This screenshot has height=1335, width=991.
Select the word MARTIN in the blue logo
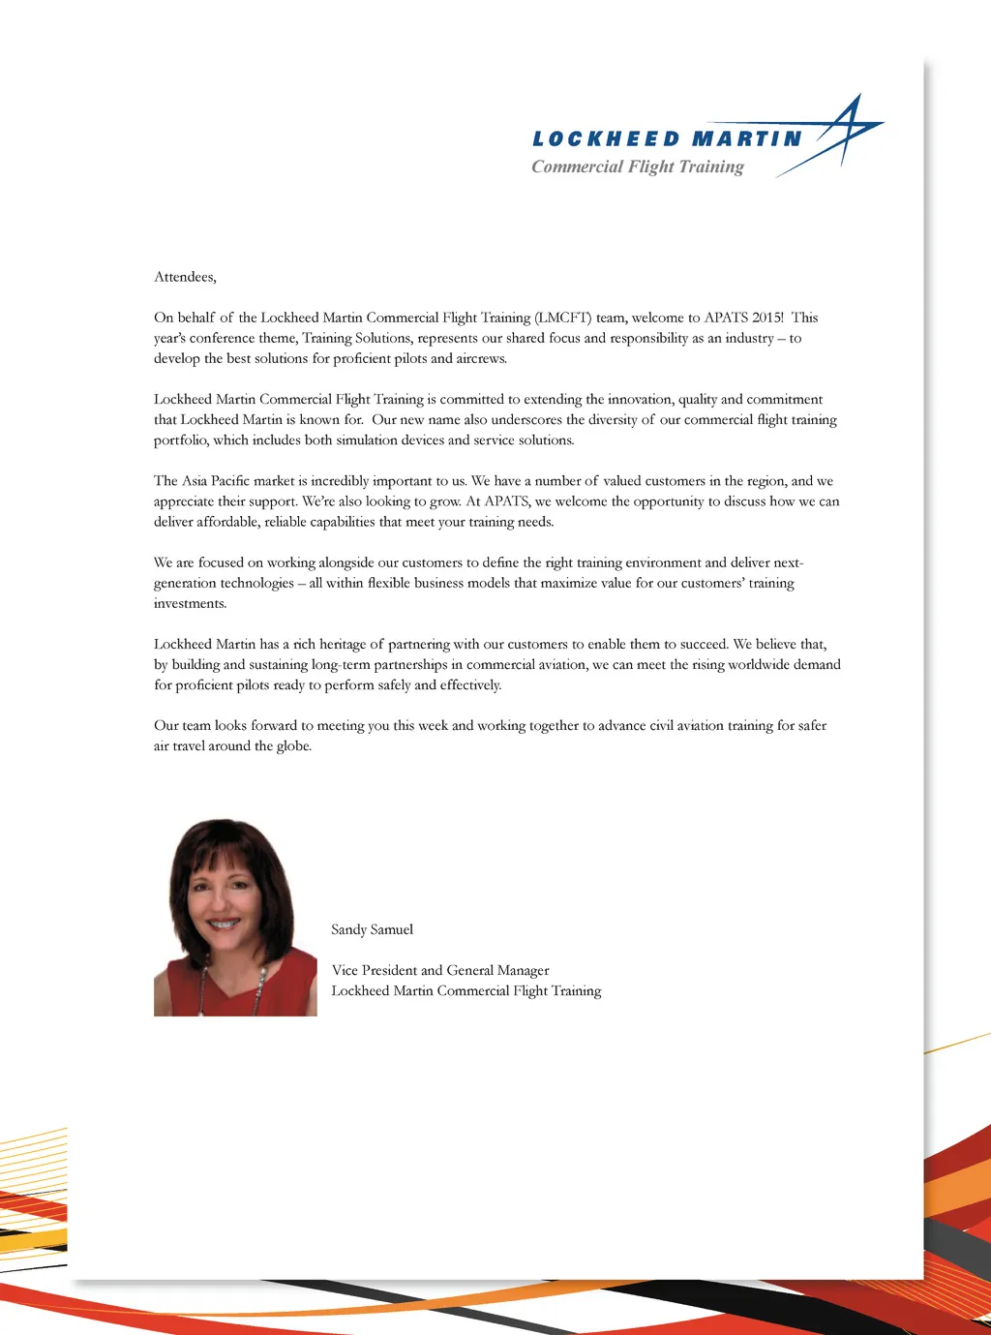click(x=747, y=139)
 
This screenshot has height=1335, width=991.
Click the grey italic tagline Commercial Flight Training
click(x=638, y=167)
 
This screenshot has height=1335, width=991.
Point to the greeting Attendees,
click(x=185, y=277)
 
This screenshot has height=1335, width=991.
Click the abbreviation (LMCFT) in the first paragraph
click(x=562, y=318)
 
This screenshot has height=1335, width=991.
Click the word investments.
click(x=190, y=603)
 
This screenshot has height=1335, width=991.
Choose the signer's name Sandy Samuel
click(x=372, y=929)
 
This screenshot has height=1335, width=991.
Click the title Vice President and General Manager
click(x=440, y=970)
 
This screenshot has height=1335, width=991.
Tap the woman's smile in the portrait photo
click(x=224, y=923)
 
